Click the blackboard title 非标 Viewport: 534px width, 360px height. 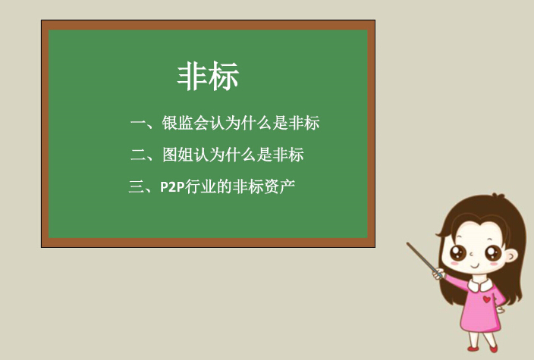208,77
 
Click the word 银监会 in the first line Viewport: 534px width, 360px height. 185,123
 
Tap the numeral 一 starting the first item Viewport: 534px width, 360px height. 138,123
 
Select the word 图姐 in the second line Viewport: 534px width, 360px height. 177,155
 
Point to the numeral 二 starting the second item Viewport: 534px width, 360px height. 138,155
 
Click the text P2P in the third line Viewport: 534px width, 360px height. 172,187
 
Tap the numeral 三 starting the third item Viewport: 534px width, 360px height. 136,186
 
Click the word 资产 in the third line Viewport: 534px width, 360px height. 279,186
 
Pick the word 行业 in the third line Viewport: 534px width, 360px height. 200,186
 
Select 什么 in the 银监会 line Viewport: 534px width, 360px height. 256,123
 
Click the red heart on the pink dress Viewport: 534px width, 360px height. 487,299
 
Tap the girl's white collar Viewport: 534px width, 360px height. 480,285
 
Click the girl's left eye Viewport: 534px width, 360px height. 457,252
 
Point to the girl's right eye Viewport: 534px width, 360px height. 493,253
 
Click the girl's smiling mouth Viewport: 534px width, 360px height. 474,265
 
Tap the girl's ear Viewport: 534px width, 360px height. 510,255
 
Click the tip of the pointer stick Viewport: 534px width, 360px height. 407,243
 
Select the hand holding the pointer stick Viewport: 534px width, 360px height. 438,274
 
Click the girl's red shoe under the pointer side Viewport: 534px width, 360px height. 473,349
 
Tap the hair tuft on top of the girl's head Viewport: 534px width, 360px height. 498,196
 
